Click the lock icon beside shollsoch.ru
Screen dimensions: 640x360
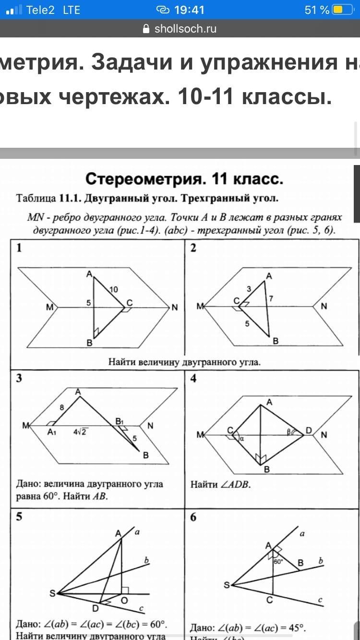(x=147, y=29)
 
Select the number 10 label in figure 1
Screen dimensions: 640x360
(x=113, y=289)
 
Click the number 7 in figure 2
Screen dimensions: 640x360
(x=271, y=299)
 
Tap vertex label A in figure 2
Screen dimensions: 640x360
(x=269, y=276)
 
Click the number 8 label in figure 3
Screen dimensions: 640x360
(x=61, y=407)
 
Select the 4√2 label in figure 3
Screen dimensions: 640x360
(x=80, y=431)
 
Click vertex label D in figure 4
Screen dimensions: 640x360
(x=309, y=430)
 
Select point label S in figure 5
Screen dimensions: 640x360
(x=52, y=593)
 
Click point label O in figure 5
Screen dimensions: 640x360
(x=123, y=600)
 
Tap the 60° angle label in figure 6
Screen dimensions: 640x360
(x=278, y=561)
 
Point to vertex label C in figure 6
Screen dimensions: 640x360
(x=270, y=600)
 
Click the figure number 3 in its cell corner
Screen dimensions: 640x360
(x=19, y=378)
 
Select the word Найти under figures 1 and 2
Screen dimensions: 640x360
(x=124, y=362)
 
